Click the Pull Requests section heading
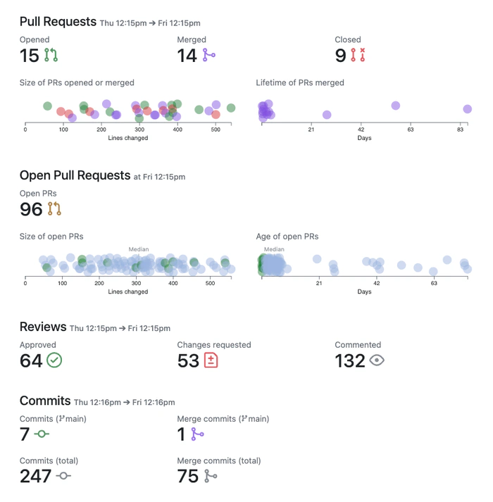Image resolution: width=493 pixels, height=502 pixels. tap(58, 22)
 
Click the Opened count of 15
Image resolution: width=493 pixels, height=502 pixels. tap(29, 55)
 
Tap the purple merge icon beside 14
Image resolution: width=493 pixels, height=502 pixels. tap(208, 55)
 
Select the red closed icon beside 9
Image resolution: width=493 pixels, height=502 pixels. tap(359, 55)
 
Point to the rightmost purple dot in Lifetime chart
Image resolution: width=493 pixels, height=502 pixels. tap(467, 109)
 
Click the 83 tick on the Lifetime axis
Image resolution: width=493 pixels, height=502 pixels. tap(461, 130)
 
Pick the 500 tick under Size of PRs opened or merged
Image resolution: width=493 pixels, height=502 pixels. tap(355, 130)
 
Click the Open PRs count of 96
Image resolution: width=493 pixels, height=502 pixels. tap(31, 208)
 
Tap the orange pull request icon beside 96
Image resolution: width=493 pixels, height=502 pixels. tap(54, 208)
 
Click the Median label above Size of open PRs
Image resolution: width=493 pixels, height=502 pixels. tap(138, 249)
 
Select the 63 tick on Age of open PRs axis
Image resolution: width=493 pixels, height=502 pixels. tap(434, 283)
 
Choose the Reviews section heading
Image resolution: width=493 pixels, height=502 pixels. tap(43, 327)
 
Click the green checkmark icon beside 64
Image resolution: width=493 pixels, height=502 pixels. tap(54, 360)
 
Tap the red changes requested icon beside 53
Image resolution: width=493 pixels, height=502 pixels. tap(211, 360)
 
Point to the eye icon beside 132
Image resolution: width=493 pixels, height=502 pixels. tap(377, 360)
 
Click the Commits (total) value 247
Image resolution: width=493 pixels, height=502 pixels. tap(35, 476)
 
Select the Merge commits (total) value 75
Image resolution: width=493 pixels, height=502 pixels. tap(188, 476)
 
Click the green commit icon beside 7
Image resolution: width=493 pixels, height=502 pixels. tap(42, 434)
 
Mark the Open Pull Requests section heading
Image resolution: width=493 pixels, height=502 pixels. tap(75, 175)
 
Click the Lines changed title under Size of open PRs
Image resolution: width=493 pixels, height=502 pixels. tap(128, 291)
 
